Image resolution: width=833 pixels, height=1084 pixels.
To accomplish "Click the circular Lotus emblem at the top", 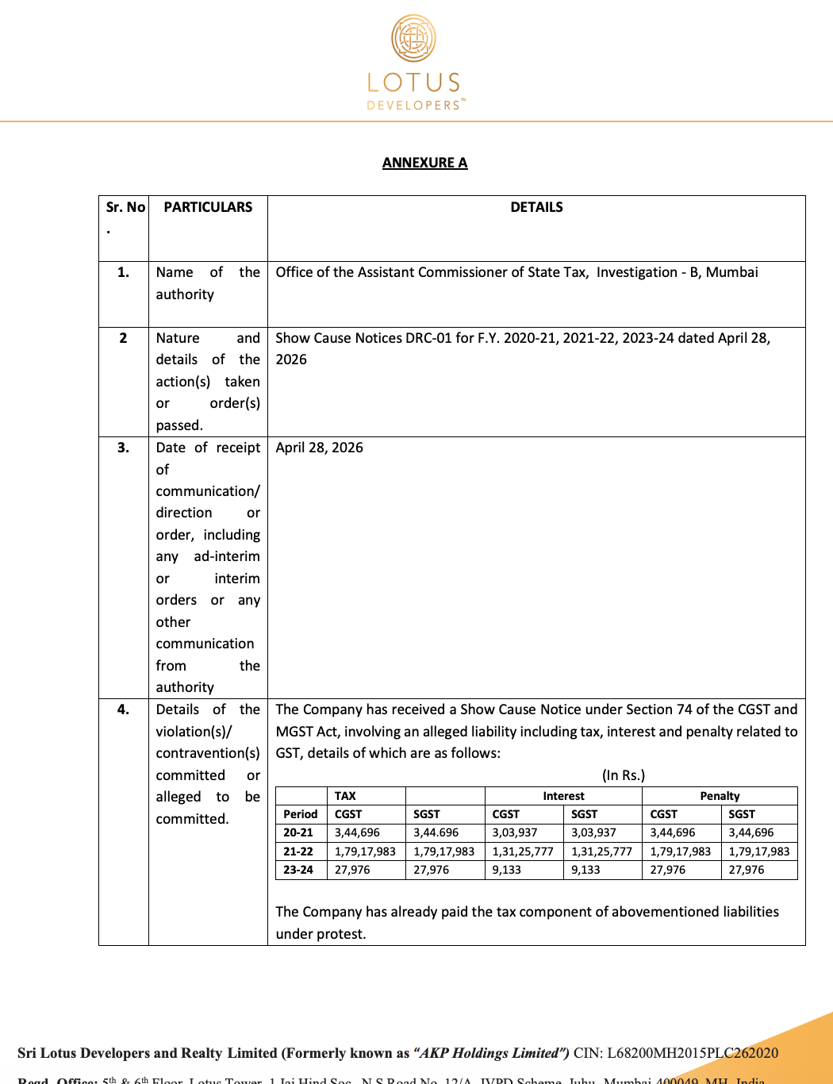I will tap(413, 38).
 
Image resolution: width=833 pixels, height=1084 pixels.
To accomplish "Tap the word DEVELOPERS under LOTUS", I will tap(413, 105).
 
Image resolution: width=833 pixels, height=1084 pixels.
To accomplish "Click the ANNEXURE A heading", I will tap(424, 163).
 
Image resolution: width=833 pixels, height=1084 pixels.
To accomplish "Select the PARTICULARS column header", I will tap(208, 207).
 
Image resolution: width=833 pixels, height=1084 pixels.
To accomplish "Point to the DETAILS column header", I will tap(536, 207).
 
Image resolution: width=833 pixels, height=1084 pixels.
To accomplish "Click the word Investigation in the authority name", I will tap(636, 272).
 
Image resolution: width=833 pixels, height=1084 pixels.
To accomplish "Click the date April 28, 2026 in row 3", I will tap(319, 448).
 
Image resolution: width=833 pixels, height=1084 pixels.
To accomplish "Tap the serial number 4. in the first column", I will tap(123, 709).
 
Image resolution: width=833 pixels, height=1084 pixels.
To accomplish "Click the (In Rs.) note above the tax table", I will tap(623, 775).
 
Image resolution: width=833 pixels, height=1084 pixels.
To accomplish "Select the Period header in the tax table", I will tap(300, 814).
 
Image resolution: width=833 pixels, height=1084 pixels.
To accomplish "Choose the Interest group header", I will tap(563, 796).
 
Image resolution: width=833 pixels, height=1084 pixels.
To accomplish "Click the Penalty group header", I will tap(720, 796).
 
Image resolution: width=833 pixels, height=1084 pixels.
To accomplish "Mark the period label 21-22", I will tap(298, 851).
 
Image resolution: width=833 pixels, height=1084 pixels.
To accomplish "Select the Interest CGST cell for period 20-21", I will tap(514, 832).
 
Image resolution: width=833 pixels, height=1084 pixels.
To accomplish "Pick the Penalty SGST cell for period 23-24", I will tap(747, 870).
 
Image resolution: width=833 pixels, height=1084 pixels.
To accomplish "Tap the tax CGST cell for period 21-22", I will tap(365, 851).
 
